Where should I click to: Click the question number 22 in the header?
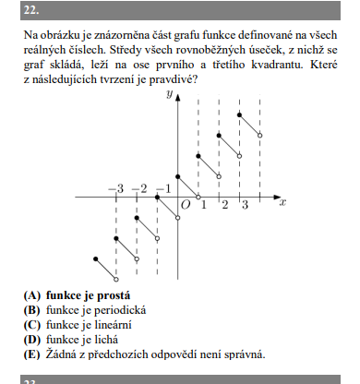(30, 11)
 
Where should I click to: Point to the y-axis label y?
(170, 95)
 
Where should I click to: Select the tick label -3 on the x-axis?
(114, 189)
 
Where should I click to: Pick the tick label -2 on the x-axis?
(138, 189)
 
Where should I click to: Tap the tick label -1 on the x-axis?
(162, 189)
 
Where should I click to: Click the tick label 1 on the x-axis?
(204, 204)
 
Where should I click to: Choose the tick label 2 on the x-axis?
(224, 204)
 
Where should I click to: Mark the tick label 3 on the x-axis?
(245, 204)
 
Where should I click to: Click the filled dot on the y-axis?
(178, 175)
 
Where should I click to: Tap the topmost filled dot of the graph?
(240, 114)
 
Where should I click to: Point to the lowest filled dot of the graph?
(96, 258)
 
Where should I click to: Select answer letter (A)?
(32, 297)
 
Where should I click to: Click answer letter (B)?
(32, 311)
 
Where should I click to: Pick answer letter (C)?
(32, 325)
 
